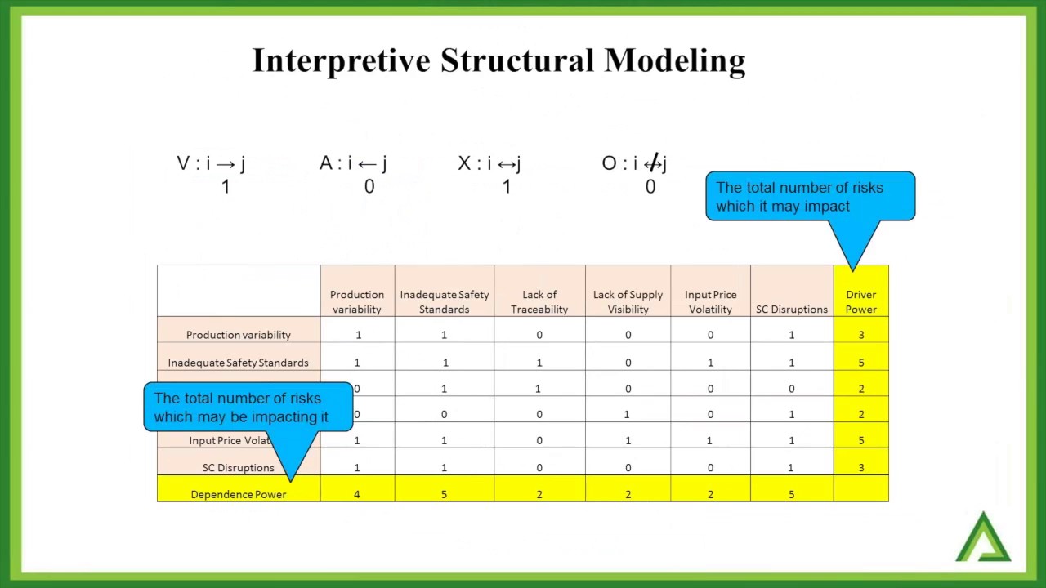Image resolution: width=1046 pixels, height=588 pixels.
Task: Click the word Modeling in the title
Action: pyautogui.click(x=675, y=61)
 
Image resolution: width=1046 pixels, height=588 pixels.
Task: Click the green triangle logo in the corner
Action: pyautogui.click(x=984, y=539)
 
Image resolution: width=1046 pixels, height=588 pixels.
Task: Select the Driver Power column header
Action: pyautogui.click(x=860, y=301)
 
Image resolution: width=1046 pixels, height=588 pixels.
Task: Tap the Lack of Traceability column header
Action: pyautogui.click(x=539, y=301)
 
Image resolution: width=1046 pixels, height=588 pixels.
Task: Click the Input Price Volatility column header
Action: pyautogui.click(x=710, y=301)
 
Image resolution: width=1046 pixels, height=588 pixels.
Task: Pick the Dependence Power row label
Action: pyautogui.click(x=238, y=494)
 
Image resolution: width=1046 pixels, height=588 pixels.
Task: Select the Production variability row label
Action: pyautogui.click(x=238, y=335)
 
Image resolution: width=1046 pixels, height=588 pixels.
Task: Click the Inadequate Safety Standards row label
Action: pyautogui.click(x=238, y=363)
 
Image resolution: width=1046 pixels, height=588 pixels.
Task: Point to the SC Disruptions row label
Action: pyautogui.click(x=238, y=468)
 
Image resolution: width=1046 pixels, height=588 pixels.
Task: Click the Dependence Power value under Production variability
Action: pyautogui.click(x=357, y=494)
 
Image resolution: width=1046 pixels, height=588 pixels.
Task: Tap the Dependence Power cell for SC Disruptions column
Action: pyautogui.click(x=791, y=494)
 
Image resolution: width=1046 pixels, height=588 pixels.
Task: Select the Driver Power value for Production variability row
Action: pyautogui.click(x=860, y=335)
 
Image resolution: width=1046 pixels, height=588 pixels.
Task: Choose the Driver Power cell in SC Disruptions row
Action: pyautogui.click(x=860, y=468)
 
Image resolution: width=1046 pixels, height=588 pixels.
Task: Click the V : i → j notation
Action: pyautogui.click(x=211, y=163)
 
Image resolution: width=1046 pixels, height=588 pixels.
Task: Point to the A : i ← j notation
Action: pyautogui.click(x=353, y=163)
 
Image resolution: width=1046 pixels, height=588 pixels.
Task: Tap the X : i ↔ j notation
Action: pyautogui.click(x=489, y=163)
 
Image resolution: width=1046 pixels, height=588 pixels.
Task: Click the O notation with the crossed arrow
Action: pyautogui.click(x=634, y=163)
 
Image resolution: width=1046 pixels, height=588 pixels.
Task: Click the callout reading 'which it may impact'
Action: pyautogui.click(x=810, y=197)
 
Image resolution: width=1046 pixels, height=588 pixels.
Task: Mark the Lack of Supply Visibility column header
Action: pyautogui.click(x=628, y=301)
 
